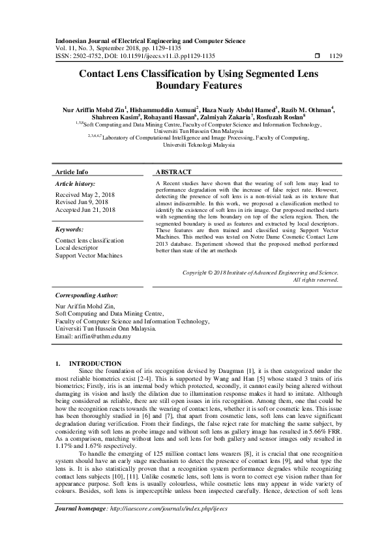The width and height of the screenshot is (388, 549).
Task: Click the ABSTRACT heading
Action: point(173,172)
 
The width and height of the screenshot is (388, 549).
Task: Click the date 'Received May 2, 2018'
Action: point(85,195)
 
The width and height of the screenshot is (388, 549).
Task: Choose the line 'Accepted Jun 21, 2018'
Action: point(86,210)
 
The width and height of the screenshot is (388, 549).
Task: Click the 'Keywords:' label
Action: point(69,230)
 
